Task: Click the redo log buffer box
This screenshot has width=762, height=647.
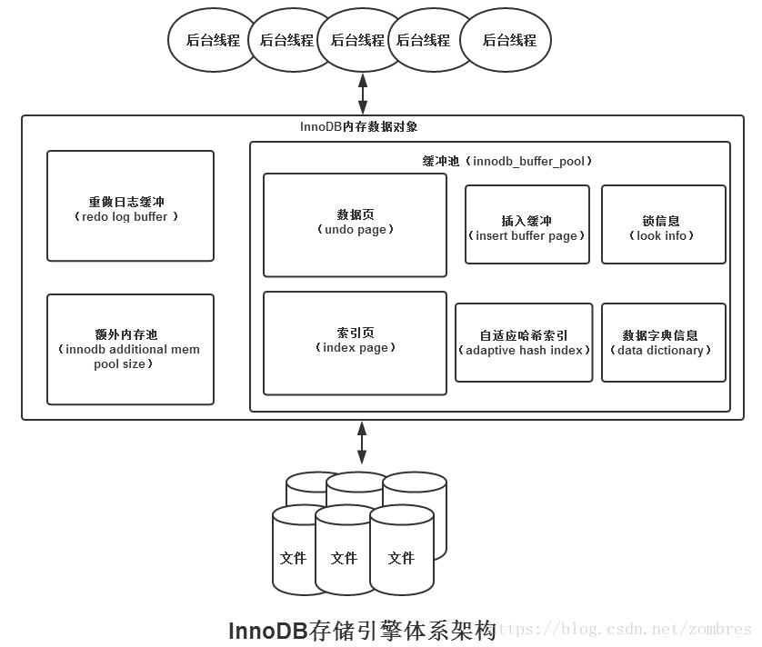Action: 130,206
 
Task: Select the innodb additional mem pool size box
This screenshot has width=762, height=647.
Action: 130,349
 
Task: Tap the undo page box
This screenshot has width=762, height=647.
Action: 355,224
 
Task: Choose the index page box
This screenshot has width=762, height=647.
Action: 355,343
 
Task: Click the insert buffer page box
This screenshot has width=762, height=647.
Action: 526,224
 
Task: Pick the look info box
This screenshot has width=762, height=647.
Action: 663,224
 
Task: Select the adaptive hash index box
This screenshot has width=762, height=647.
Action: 524,343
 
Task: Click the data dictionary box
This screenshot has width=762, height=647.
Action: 663,343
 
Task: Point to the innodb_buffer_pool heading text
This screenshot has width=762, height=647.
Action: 506,161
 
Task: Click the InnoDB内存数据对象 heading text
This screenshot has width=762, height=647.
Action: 358,127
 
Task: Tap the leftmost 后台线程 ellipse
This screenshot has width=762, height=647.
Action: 212,41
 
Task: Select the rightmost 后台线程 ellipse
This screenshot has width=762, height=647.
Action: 506,41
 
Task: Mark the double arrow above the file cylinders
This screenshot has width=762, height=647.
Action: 362,443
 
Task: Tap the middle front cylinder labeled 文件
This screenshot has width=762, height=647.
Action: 345,556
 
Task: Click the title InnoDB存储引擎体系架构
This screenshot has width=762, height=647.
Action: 361,630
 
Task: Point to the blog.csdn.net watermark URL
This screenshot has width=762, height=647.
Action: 627,629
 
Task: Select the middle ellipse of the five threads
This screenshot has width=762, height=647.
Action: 356,41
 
